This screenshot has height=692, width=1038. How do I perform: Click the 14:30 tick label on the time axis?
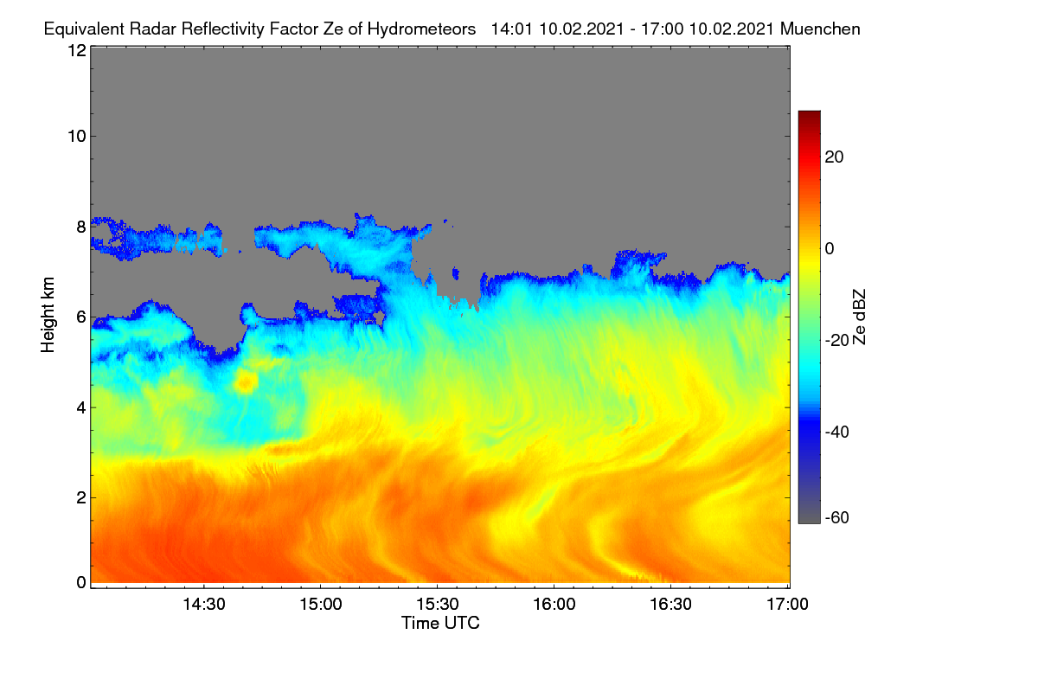204,605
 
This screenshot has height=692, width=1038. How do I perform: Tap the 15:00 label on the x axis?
321,605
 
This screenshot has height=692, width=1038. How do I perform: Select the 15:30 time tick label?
438,605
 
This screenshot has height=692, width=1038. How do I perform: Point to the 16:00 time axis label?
554,605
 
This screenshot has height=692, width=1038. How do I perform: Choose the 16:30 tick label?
670,605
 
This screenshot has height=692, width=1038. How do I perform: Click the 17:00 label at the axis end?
787,605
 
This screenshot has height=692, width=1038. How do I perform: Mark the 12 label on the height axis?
77,50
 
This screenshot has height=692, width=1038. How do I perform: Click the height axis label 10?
77,137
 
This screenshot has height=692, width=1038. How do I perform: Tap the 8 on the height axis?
81,227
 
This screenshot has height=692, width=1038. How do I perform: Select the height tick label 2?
81,497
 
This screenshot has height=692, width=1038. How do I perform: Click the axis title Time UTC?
440,624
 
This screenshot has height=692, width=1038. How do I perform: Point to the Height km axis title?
48,315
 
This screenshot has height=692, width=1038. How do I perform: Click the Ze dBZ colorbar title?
859,317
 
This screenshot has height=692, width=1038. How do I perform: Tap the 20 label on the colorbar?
834,157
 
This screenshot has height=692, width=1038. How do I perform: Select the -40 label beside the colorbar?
837,432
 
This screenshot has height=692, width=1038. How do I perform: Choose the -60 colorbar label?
837,518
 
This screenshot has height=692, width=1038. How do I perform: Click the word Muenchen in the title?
820,29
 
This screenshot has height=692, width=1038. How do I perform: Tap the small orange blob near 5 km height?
246,382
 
